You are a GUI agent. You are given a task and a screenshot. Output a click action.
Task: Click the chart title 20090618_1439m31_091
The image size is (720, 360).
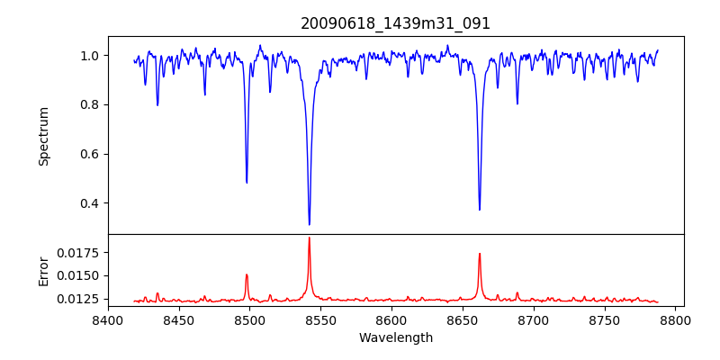pos(396,23)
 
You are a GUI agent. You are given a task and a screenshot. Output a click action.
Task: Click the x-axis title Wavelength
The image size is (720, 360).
pos(396,337)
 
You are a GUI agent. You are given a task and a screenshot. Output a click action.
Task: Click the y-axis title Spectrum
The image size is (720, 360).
pos(44,136)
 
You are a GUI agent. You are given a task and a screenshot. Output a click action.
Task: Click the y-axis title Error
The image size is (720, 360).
pos(44,270)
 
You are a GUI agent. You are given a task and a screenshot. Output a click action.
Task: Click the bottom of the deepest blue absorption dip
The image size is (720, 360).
pos(309,224)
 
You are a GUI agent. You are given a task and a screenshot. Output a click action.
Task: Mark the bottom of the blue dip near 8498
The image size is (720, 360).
pos(247,183)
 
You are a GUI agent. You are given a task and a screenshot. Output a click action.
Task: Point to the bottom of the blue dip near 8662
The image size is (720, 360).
pos(480,210)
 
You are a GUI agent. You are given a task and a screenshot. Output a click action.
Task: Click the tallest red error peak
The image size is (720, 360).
pos(309,238)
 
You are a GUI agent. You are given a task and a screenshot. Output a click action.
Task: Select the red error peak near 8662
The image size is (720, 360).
pos(480,254)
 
